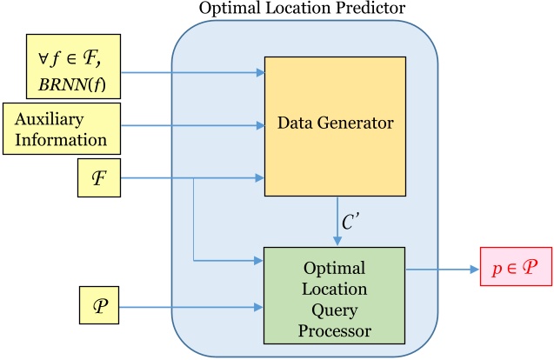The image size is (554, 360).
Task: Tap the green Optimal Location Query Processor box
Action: tap(335, 295)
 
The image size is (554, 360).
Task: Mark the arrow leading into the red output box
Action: tap(443, 270)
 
